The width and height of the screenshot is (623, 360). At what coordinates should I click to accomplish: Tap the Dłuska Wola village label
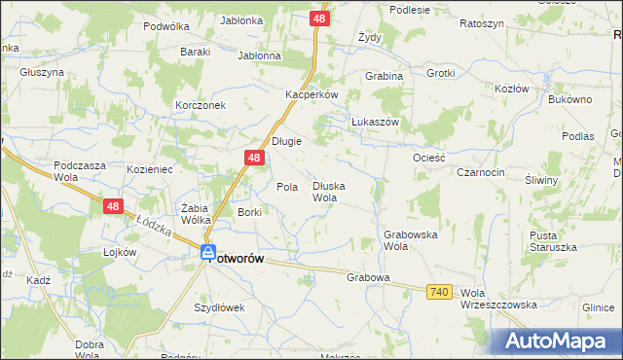click(329, 192)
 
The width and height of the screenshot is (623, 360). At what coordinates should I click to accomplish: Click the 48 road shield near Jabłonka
click(320, 18)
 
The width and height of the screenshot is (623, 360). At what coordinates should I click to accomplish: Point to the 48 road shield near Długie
click(253, 158)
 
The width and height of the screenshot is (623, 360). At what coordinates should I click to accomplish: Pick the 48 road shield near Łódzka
click(113, 206)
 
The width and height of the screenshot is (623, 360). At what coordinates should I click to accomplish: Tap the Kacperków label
click(311, 94)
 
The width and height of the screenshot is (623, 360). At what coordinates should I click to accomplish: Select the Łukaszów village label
click(376, 122)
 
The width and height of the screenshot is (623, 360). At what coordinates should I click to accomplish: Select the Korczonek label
click(201, 104)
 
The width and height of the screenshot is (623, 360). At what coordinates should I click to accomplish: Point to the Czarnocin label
click(480, 171)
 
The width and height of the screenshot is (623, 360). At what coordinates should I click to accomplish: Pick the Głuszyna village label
click(41, 72)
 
